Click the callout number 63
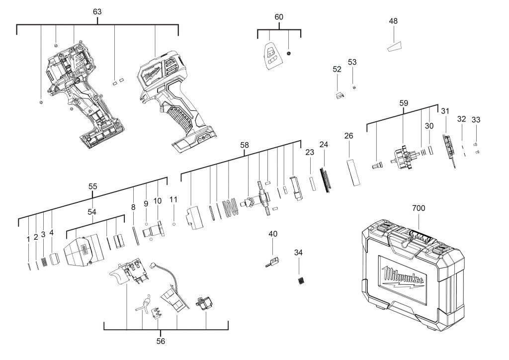point(97,11)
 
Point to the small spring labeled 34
point(300,280)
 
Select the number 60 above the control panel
point(279,17)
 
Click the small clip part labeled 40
point(272,261)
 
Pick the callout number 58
point(244,145)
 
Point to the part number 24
point(324,145)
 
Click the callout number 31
point(445,111)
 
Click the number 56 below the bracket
point(160,342)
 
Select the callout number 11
point(173,199)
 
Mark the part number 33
point(476,120)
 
